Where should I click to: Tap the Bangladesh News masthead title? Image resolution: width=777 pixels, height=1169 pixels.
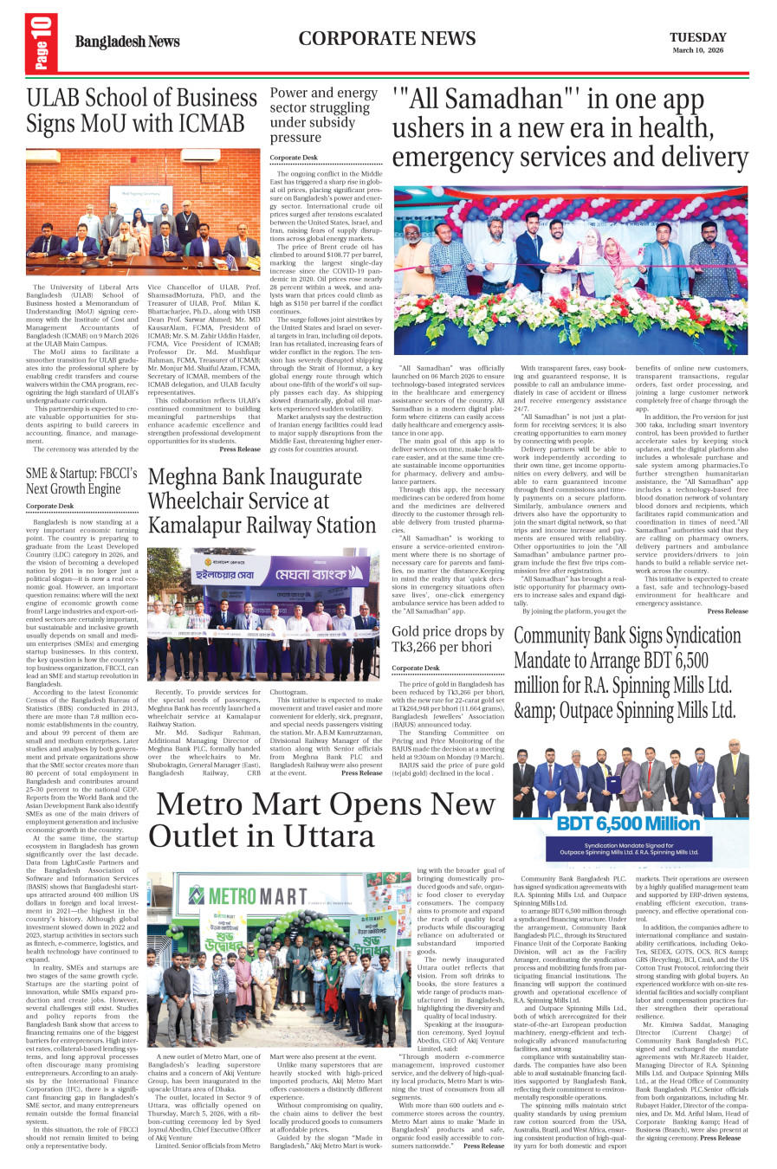point(127,42)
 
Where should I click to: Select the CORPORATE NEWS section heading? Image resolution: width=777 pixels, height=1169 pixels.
point(387,38)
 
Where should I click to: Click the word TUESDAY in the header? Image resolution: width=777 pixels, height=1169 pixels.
point(697,37)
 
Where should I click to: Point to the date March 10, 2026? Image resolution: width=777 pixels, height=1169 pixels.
point(697,50)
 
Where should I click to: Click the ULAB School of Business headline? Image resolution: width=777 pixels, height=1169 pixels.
point(142,110)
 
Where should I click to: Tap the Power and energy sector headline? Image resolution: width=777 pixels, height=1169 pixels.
point(324,114)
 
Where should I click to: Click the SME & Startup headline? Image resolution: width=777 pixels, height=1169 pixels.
point(81,481)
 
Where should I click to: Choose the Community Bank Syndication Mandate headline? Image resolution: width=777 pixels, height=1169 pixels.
point(629,673)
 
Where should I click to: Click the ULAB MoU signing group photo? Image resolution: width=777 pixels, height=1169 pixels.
point(143,214)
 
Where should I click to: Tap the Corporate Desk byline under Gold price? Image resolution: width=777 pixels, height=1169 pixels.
point(415,668)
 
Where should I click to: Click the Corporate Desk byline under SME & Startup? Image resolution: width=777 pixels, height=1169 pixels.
point(49,506)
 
